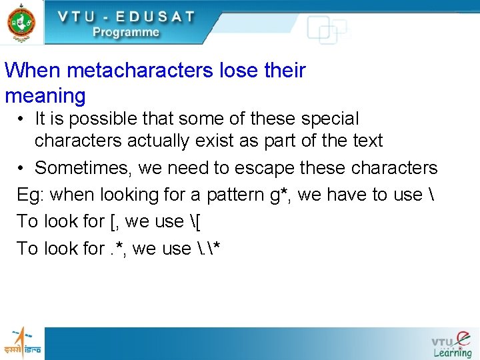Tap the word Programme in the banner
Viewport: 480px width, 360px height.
126,32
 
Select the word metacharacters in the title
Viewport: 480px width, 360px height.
131,70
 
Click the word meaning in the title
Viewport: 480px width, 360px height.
45,96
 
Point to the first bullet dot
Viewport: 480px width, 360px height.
22,119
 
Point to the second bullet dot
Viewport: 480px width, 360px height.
22,168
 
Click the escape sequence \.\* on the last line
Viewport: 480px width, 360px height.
209,249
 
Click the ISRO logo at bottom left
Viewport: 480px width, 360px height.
22,342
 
